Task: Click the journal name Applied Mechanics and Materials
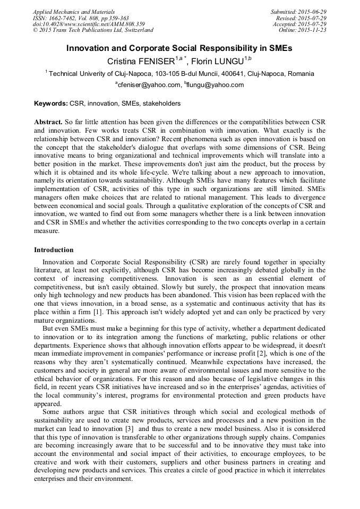(73, 11)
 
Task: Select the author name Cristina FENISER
(142, 62)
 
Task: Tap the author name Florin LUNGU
(217, 62)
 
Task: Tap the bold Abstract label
(48, 122)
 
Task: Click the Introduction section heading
(54, 250)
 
